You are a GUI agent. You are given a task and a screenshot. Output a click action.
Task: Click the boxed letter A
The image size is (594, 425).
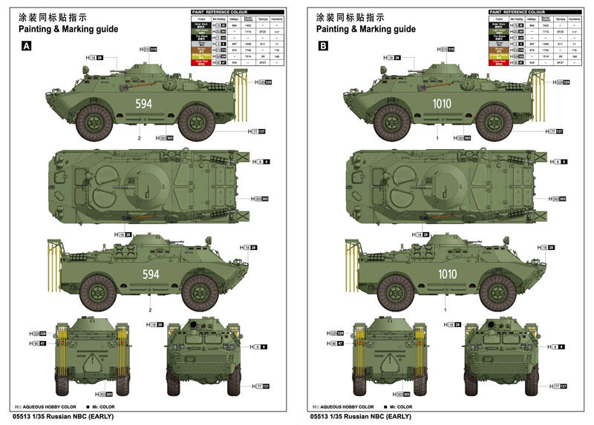27,45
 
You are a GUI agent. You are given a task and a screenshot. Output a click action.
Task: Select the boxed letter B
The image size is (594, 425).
324,45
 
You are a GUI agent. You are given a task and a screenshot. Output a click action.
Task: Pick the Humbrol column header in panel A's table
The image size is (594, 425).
276,19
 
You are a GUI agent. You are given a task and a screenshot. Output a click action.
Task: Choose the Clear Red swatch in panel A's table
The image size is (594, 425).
201,64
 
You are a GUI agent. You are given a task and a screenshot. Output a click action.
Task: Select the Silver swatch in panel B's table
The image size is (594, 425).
497,45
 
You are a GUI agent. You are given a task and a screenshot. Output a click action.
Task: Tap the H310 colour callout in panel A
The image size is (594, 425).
148,49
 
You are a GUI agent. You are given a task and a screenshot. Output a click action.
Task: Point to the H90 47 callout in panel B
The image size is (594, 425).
332,343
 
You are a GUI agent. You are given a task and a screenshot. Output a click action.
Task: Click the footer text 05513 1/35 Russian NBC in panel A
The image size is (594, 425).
59,417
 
